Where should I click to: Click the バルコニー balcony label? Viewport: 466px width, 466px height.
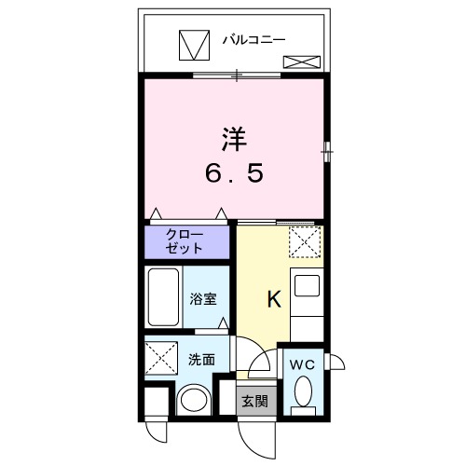(x=254, y=40)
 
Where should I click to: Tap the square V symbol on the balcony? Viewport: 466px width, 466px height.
(x=195, y=44)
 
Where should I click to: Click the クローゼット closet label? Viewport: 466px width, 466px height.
(x=186, y=242)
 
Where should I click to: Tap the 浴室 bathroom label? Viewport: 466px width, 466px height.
(x=205, y=300)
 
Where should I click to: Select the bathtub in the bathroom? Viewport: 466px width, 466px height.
(x=164, y=296)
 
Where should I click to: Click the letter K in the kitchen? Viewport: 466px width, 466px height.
(x=274, y=299)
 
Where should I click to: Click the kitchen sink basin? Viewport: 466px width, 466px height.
(x=307, y=284)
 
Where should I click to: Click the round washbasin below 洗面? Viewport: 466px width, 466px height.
(x=193, y=401)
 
